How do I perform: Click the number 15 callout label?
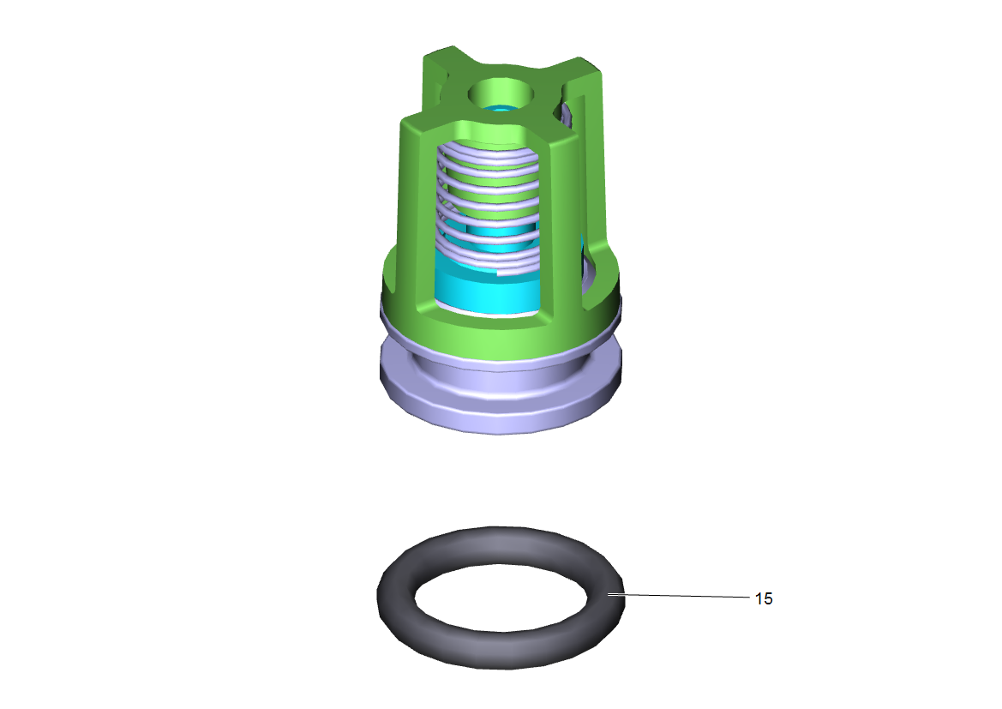tap(764, 598)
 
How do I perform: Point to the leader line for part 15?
tap(679, 596)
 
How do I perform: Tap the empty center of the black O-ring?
tap(501, 598)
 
